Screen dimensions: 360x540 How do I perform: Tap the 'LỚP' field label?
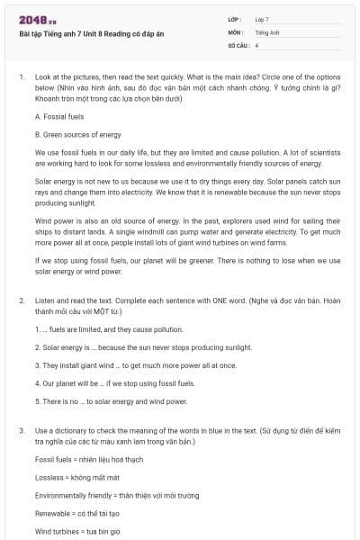[235, 18]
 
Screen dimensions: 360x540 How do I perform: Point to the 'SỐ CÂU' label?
[238, 44]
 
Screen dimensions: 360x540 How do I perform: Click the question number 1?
[21, 77]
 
